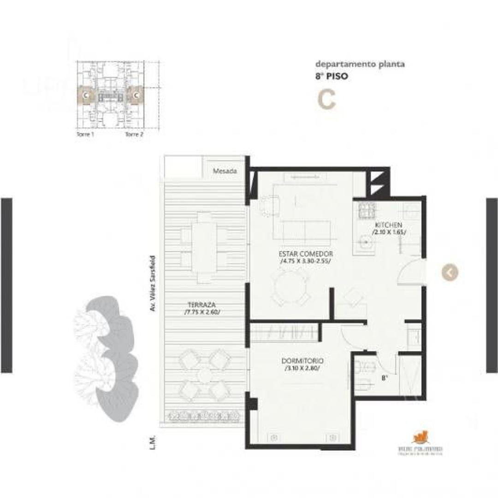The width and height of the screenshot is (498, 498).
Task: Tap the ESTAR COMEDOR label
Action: (306, 254)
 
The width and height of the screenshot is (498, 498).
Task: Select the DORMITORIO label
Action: (302, 361)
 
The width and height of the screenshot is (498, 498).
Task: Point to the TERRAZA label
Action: (202, 304)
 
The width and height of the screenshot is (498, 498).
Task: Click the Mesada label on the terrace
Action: (225, 171)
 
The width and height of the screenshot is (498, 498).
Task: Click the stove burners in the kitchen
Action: (367, 210)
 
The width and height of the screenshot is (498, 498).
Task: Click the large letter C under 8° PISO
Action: (326, 100)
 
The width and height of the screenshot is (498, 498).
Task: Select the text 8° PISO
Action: (332, 77)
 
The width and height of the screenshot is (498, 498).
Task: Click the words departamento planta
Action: (360, 64)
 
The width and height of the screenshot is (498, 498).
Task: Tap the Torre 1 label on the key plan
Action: (86, 135)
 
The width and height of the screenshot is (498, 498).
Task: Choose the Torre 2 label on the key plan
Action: (134, 135)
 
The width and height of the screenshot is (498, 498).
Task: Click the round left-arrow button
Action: (450, 273)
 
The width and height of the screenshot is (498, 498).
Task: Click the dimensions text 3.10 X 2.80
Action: (302, 368)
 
